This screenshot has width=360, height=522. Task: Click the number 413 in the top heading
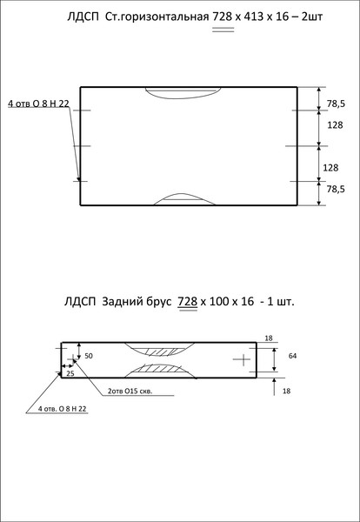(254, 17)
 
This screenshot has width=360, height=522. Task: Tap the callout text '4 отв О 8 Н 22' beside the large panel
(38, 104)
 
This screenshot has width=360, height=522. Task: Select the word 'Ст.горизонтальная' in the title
(157, 17)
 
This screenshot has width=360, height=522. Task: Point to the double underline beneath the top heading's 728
(223, 30)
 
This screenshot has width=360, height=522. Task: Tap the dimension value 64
(292, 356)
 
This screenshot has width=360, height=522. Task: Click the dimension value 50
(89, 356)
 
